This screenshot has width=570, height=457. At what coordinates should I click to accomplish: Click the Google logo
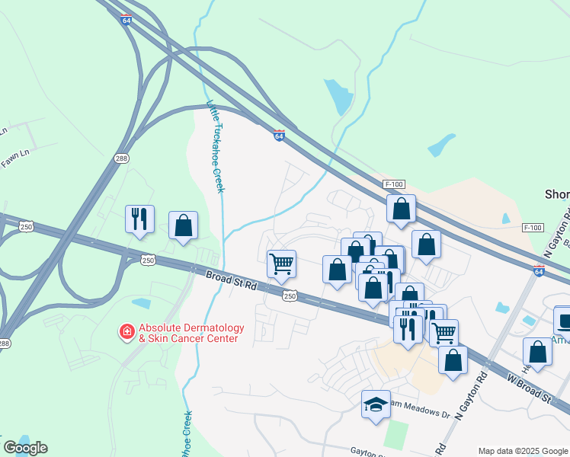25,448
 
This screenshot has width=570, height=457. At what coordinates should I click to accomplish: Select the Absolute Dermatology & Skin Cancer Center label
187,333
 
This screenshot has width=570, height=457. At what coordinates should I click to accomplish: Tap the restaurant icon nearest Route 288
139,219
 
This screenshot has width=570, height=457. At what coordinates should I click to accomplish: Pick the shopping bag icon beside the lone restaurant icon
183,225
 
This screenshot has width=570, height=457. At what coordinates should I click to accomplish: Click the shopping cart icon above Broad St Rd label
282,264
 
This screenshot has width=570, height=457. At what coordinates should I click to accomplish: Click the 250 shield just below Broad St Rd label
290,296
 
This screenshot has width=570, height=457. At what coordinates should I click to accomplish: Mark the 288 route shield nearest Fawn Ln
122,158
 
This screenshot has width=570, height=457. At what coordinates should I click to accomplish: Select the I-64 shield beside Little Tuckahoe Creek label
280,136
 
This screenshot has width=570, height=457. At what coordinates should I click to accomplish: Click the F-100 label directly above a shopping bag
393,184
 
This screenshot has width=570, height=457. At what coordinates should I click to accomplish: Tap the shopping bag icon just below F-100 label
401,208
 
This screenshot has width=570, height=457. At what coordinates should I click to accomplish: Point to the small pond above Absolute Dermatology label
142,303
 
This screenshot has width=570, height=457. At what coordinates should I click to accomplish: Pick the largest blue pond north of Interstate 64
336,97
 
